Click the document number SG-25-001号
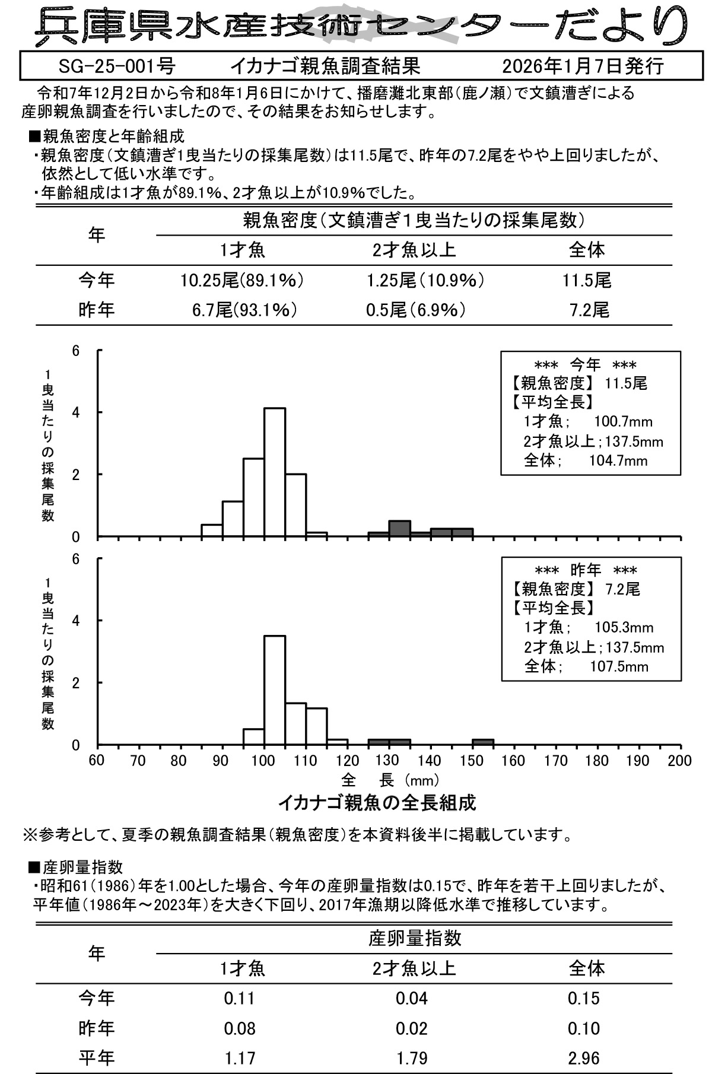pyautogui.click(x=117, y=66)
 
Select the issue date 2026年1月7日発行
pyautogui.click(x=582, y=66)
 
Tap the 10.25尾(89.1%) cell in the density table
pyautogui.click(x=242, y=280)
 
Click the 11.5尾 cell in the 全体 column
pyautogui.click(x=587, y=280)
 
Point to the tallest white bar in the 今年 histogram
pyautogui.click(x=274, y=472)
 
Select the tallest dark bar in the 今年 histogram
pyautogui.click(x=399, y=528)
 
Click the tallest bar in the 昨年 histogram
pyautogui.click(x=274, y=689)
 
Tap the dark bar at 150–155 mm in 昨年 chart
pyautogui.click(x=483, y=741)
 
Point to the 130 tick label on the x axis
pyautogui.click(x=387, y=761)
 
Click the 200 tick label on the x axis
pyautogui.click(x=679, y=761)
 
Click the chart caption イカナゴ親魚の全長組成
pyautogui.click(x=377, y=803)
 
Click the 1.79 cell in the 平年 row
pyautogui.click(x=412, y=1057)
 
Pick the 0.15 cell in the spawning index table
pyautogui.click(x=584, y=998)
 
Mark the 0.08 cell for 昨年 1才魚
pyautogui.click(x=240, y=1028)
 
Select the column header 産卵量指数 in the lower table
pyautogui.click(x=415, y=938)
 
